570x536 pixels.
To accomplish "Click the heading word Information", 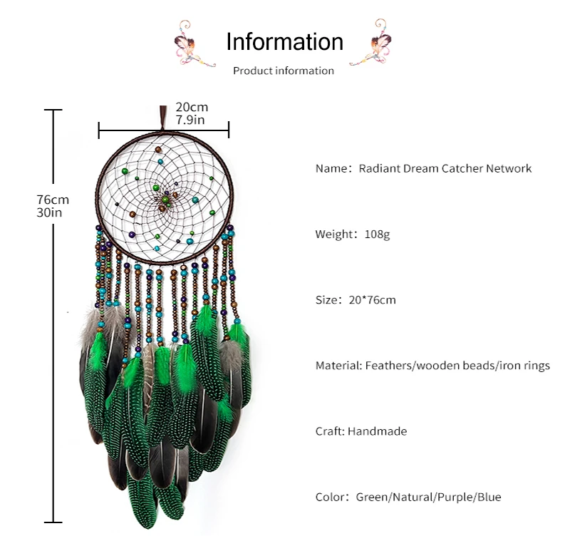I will (x=284, y=41).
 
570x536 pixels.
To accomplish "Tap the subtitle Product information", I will (x=284, y=71).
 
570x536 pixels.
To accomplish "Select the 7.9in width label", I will (x=190, y=120).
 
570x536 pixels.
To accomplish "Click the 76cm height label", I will (x=53, y=200).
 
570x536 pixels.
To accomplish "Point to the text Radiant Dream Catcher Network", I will (x=445, y=169).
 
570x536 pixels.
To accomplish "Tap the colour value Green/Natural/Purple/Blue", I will (x=427, y=497).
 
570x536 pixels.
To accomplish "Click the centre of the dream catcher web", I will (x=167, y=195).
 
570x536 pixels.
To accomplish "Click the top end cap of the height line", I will (x=53, y=110).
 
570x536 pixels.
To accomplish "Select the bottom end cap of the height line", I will (x=53, y=521).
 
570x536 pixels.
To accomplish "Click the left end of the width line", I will (x=99, y=130).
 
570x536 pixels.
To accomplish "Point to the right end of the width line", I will (x=229, y=130).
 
